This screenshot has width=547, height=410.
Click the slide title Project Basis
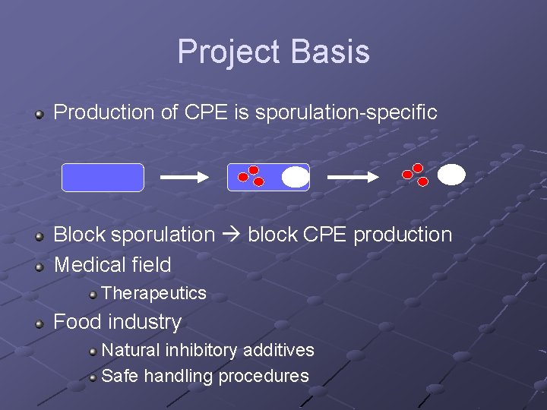point(273,52)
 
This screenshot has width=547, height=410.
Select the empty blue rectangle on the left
point(103,177)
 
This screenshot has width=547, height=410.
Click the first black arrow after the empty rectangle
point(184,177)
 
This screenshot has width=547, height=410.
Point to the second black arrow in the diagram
point(353,177)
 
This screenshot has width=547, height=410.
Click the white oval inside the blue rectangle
point(295,177)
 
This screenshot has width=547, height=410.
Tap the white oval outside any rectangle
point(451,175)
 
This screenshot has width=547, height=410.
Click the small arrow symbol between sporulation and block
point(232,235)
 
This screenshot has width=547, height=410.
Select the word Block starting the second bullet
point(80,235)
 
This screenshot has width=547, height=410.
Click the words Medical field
point(112,265)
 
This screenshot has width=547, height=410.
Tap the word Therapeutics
point(153,293)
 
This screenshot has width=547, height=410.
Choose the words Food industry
point(117,322)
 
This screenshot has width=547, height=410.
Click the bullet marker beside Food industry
point(40,323)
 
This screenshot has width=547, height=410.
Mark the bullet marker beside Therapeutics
point(92,294)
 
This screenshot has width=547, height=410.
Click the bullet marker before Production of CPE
point(40,114)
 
